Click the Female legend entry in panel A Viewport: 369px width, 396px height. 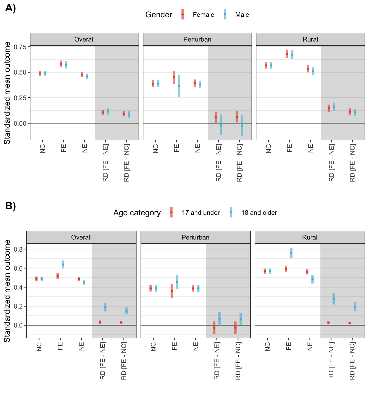(203, 15)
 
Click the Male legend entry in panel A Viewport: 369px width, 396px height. (242, 15)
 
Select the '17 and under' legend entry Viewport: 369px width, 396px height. (201, 213)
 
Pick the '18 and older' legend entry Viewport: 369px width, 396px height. (259, 213)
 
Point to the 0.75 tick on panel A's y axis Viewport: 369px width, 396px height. (20, 47)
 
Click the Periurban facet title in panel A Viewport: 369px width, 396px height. (197, 39)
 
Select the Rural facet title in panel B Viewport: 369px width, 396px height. (310, 237)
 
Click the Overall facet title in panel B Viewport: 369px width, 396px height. (81, 237)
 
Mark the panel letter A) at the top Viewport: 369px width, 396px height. (10, 8)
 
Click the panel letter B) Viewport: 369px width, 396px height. (10, 206)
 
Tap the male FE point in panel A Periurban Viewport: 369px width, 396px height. (179, 86)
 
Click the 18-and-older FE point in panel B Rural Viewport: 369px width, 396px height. (291, 253)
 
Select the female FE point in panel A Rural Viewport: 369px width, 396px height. (287, 54)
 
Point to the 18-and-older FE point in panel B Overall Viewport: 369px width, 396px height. (63, 265)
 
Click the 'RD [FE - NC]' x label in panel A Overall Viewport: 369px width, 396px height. (126, 163)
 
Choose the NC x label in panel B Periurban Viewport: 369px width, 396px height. (153, 347)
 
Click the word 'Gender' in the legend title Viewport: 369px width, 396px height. (159, 15)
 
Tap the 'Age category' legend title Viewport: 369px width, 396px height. (137, 213)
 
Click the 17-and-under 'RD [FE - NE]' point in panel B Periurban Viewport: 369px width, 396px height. (214, 328)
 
